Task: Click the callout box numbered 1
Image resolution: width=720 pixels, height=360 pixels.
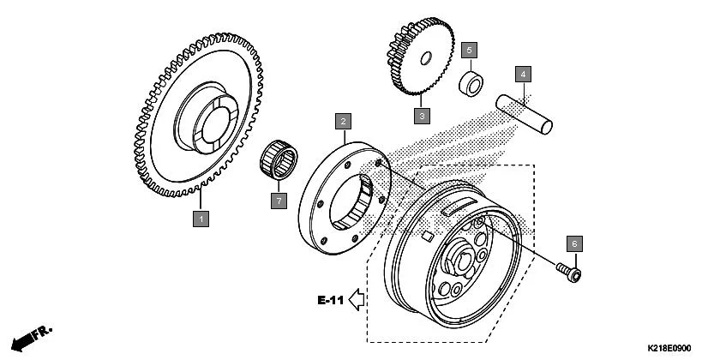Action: click(x=201, y=219)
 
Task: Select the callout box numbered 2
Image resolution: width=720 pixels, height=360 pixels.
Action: click(x=343, y=122)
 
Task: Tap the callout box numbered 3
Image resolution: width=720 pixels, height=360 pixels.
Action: click(x=422, y=116)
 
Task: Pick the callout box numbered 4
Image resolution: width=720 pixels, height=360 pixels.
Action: click(x=523, y=74)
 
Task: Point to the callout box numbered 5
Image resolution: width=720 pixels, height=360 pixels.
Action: click(x=469, y=50)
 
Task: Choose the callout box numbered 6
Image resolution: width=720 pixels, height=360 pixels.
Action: click(x=574, y=243)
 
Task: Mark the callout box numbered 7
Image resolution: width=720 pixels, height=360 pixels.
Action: click(x=279, y=201)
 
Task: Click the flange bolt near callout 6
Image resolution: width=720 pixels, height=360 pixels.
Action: click(x=568, y=273)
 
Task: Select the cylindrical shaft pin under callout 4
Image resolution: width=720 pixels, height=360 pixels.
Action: click(x=524, y=114)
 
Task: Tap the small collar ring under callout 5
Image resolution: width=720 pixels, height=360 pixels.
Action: click(x=471, y=84)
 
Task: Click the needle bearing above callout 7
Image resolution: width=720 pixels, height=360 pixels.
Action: click(x=279, y=159)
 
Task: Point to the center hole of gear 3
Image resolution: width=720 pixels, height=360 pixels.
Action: click(x=426, y=58)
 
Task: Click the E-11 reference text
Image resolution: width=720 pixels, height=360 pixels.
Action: click(x=331, y=300)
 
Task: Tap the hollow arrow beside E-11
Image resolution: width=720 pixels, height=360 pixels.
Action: click(x=357, y=300)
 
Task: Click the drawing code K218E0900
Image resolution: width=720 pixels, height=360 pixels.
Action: click(x=669, y=349)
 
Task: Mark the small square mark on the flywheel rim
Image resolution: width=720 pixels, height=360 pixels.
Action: click(x=428, y=237)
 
